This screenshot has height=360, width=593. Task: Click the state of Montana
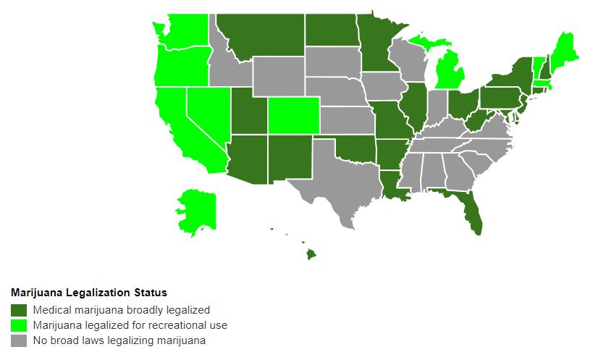(261, 36)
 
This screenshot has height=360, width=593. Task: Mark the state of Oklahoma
(353, 148)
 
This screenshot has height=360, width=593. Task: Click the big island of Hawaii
(311, 254)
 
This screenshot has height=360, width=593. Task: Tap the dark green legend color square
(19, 309)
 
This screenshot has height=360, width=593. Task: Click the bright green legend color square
(19, 325)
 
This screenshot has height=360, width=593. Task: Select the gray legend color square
(19, 340)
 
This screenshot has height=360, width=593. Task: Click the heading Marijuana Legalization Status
(89, 293)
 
